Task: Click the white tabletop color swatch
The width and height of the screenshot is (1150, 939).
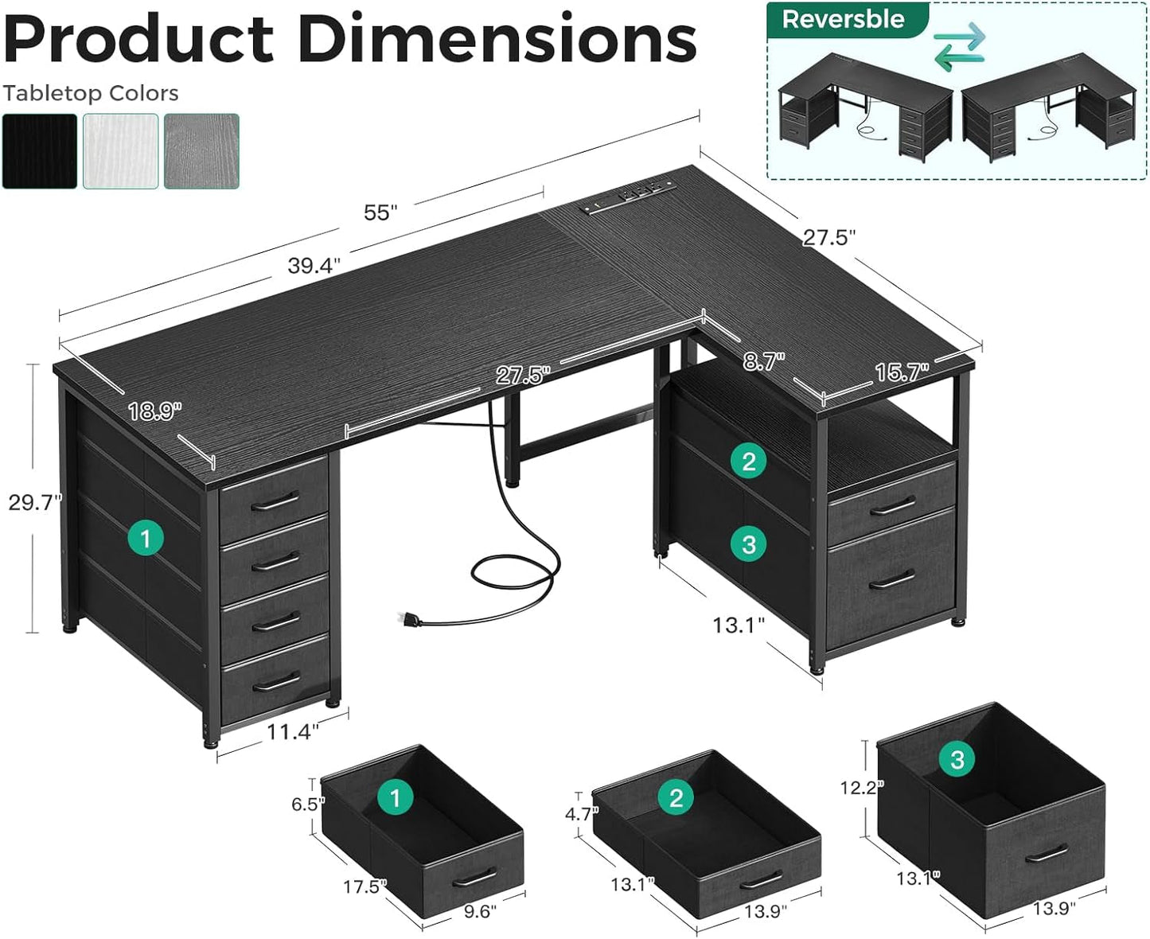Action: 120,151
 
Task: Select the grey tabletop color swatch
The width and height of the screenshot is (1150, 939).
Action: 201,151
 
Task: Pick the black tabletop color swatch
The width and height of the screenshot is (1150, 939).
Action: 40,151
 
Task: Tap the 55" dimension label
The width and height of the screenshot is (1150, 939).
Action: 380,212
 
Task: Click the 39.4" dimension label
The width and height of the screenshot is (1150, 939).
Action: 314,266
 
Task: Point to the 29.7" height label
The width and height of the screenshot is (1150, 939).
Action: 33,502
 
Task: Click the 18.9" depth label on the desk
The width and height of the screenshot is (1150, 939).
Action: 154,411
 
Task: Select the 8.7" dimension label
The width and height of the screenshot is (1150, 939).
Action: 763,361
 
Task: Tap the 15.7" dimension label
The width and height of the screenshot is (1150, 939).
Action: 902,372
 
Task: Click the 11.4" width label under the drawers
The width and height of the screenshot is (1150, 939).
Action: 292,731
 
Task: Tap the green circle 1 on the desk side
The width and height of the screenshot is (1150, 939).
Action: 145,539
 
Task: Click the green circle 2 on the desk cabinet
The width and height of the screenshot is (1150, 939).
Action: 748,461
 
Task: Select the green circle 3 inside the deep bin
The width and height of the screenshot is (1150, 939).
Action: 957,759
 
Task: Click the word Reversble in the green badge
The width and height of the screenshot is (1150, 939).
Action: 843,19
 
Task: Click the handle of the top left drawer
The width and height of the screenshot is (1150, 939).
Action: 275,502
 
